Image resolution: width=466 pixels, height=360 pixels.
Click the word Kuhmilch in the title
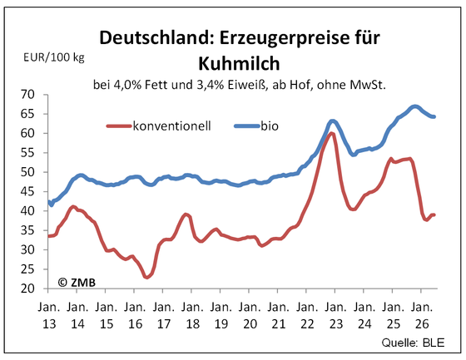tap(239, 63)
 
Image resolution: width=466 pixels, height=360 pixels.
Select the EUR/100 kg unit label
tap(54, 57)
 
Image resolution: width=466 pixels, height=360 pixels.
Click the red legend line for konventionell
tap(118, 126)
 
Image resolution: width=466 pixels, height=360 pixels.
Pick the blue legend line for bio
tap(246, 126)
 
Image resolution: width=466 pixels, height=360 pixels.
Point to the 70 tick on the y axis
tap(27, 95)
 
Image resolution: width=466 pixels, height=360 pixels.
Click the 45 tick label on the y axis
tap(27, 191)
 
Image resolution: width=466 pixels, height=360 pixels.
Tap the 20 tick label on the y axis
tap(27, 288)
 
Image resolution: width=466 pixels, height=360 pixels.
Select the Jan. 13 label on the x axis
tap(49, 315)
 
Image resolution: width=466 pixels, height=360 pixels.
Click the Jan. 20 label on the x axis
tap(250, 315)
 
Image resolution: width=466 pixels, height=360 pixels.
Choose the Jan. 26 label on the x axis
tap(422, 315)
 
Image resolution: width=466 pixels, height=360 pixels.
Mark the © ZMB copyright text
tap(77, 283)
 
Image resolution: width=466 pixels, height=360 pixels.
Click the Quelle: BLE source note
tap(413, 343)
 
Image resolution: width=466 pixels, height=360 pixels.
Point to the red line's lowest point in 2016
tap(146, 277)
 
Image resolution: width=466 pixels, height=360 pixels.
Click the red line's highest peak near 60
tap(331, 133)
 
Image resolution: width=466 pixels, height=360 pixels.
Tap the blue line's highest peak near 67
tap(415, 106)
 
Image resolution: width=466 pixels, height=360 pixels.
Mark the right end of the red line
tap(434, 215)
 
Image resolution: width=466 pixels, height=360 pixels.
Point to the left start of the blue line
tap(49, 202)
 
